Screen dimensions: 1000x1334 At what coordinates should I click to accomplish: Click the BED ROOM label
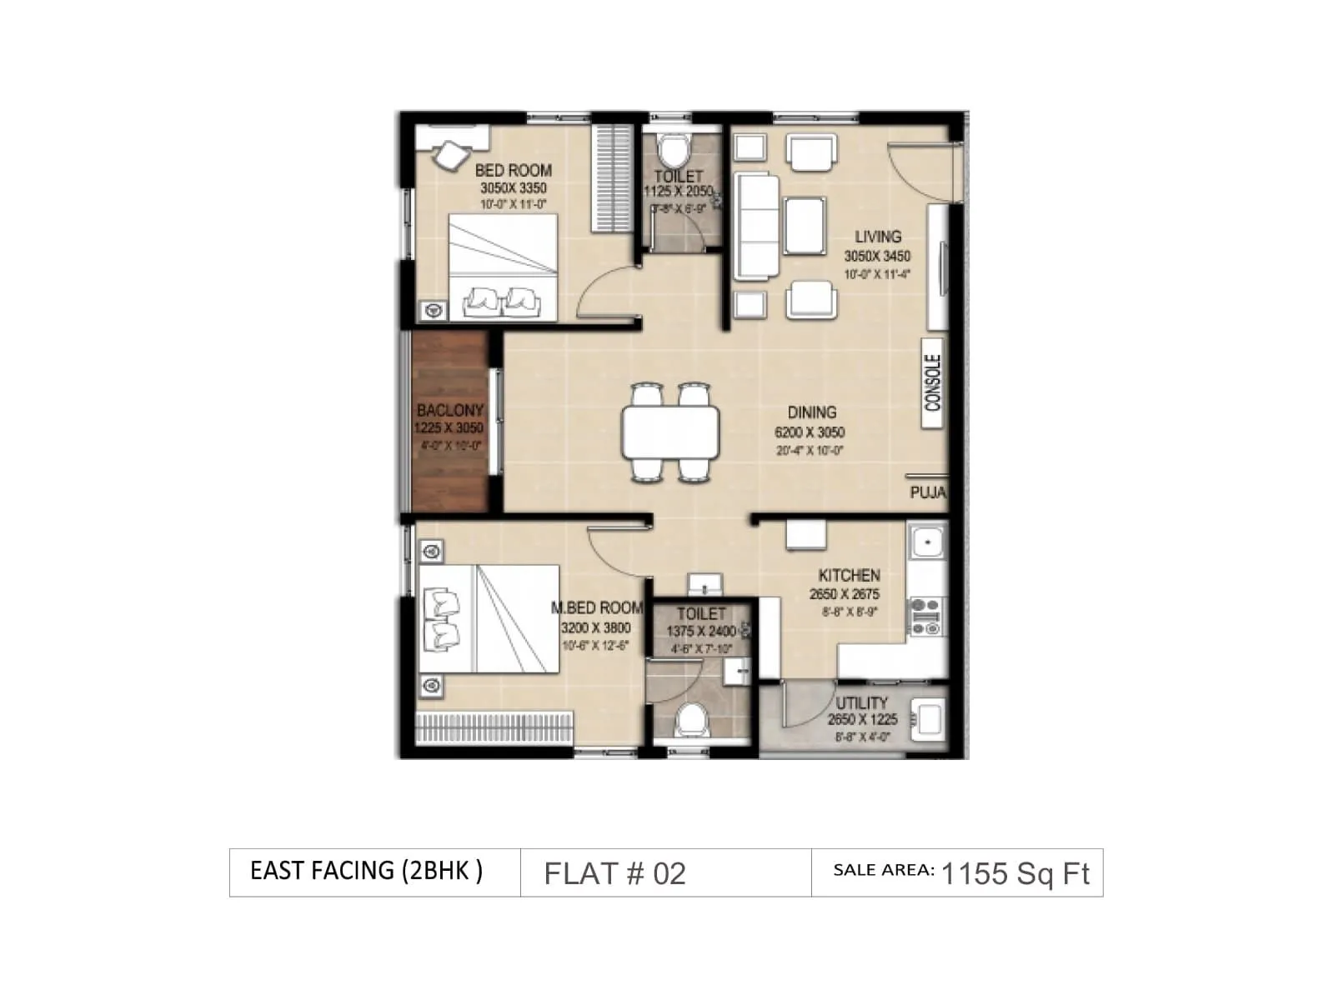(513, 170)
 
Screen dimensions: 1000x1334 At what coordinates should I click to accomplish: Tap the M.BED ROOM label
(597, 608)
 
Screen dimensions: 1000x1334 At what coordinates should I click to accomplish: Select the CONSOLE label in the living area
(933, 382)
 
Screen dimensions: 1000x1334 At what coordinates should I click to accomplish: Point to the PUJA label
(927, 492)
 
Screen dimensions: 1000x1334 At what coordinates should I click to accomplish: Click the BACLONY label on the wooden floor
(450, 410)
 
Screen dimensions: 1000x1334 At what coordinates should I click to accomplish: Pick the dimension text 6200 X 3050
(809, 432)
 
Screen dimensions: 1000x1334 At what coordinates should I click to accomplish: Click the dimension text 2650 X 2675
(844, 594)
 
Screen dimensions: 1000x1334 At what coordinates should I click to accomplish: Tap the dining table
(670, 432)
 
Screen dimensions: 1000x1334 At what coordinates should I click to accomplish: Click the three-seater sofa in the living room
(756, 226)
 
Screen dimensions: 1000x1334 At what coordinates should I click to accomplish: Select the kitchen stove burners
(925, 617)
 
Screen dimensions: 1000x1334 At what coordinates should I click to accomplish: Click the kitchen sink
(926, 542)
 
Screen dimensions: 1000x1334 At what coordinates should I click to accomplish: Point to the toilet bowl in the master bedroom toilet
(691, 719)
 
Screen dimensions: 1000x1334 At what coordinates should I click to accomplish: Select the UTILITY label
(861, 703)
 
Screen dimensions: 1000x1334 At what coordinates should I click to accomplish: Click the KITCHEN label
(849, 576)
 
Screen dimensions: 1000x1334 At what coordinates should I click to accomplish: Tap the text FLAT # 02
(614, 873)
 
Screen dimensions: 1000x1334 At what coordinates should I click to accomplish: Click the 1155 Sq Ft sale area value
(1015, 873)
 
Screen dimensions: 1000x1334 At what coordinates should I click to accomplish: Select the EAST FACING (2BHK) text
(366, 871)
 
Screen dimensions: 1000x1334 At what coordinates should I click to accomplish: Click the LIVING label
(877, 237)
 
